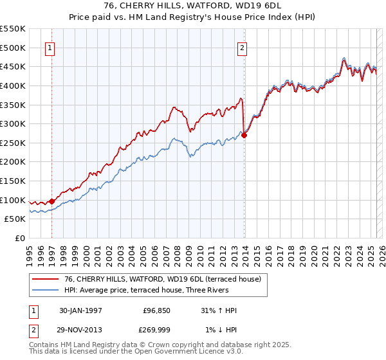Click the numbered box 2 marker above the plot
click(242, 47)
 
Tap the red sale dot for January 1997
click(52, 201)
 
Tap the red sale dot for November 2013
click(244, 136)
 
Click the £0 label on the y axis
click(20, 238)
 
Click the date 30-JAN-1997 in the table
click(80, 310)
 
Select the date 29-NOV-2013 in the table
click(81, 330)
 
